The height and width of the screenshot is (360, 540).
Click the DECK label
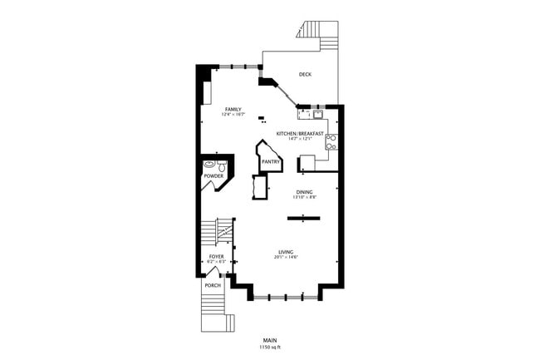click(x=306, y=75)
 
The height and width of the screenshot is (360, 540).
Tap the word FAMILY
click(x=233, y=109)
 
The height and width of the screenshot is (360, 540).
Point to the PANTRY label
click(x=270, y=161)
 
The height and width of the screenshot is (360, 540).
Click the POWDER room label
click(x=213, y=175)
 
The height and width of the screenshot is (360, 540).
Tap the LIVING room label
click(x=286, y=252)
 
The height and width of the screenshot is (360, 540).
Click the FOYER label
click(x=217, y=257)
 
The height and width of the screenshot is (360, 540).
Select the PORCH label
click(x=214, y=286)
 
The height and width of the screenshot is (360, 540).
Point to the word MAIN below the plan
click(x=270, y=340)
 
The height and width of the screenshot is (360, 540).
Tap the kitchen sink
click(x=317, y=114)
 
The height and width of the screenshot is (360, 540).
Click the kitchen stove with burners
click(x=331, y=141)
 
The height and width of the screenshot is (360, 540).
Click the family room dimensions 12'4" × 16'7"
click(x=233, y=114)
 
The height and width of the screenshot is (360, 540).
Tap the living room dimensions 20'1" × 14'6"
click(x=286, y=257)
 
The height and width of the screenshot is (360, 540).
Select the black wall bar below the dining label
click(x=303, y=218)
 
